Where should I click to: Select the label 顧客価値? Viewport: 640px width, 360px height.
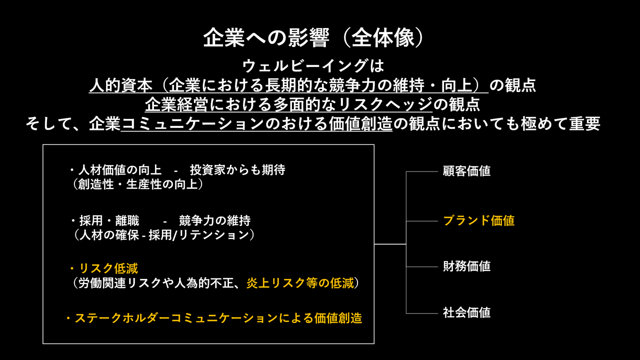pos(466,171)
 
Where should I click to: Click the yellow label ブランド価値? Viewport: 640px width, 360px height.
pos(478,220)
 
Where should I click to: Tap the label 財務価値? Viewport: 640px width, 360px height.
pos(466,266)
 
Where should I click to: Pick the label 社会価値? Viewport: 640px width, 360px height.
pos(466,313)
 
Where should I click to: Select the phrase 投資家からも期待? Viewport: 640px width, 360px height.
pos(237,170)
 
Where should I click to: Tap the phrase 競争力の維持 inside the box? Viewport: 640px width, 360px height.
pos(214,220)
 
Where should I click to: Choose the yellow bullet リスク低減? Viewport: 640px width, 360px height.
pos(108,269)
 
